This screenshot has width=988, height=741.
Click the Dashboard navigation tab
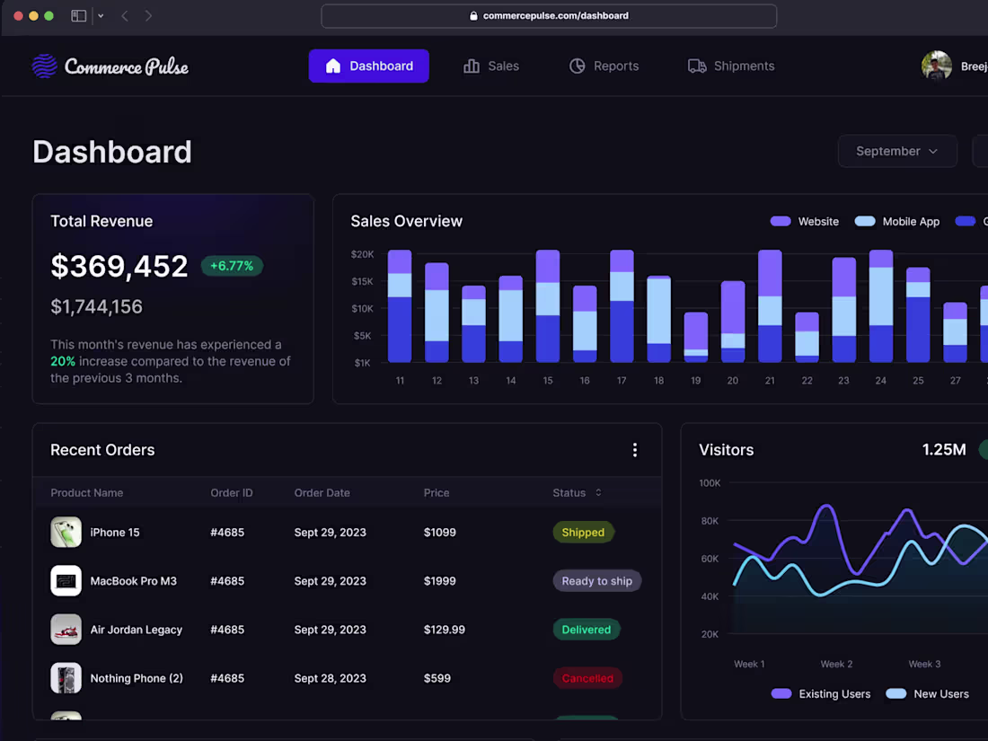pos(368,66)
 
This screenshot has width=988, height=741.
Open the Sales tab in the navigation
pos(491,66)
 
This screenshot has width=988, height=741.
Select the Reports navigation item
pos(604,66)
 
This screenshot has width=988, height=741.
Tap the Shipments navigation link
pos(731,66)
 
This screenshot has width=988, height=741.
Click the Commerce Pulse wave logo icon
pos(44,66)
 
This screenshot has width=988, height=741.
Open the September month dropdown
pos(896,151)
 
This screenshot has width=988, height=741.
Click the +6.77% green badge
pos(232,266)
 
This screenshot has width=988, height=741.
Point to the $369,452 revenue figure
pos(119,266)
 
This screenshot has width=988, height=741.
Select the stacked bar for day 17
pos(622,306)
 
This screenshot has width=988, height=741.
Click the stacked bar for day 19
pos(696,337)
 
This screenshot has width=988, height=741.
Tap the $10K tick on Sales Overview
pos(361,308)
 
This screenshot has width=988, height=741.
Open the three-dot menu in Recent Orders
pos(635,450)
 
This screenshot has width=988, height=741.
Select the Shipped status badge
pos(583,533)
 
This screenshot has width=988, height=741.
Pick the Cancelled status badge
pos(587,678)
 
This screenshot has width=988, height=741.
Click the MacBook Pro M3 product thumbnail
pos(66,581)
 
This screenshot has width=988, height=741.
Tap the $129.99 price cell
pos(445,630)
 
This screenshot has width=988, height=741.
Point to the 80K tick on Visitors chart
pos(710,521)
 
